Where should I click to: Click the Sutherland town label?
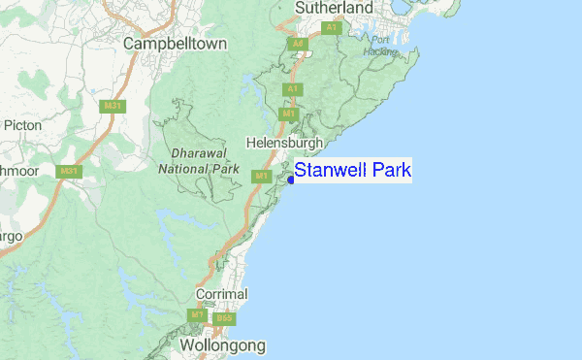(334, 9)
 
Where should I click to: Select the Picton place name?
(22, 125)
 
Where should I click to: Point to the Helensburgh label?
(284, 142)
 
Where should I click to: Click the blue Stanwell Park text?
(353, 172)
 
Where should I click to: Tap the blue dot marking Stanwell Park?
(291, 180)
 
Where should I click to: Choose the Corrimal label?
(221, 294)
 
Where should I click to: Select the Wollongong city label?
(221, 344)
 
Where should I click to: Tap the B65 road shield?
(225, 317)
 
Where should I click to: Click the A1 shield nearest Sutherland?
(331, 28)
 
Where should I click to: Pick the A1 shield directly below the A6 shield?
(290, 89)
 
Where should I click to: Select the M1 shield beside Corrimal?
(197, 316)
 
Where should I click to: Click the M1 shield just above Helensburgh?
(288, 115)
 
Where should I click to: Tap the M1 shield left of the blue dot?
(260, 176)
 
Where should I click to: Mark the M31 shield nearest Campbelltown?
(113, 106)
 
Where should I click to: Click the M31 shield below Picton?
(68, 171)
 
